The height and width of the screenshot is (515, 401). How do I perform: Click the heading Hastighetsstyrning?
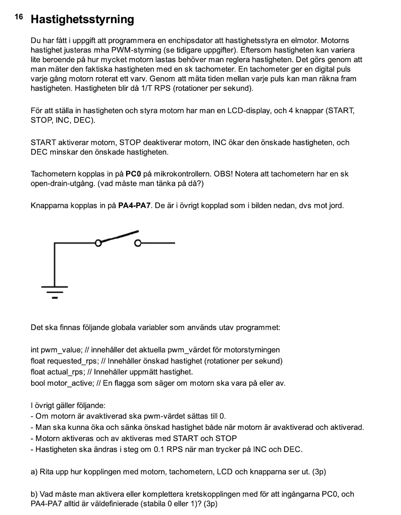[x=82, y=19]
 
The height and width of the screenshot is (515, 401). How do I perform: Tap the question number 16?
[x=19, y=17]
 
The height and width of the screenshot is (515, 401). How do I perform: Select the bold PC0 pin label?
[x=133, y=174]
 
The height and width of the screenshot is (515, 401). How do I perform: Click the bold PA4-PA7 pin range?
[x=135, y=206]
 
